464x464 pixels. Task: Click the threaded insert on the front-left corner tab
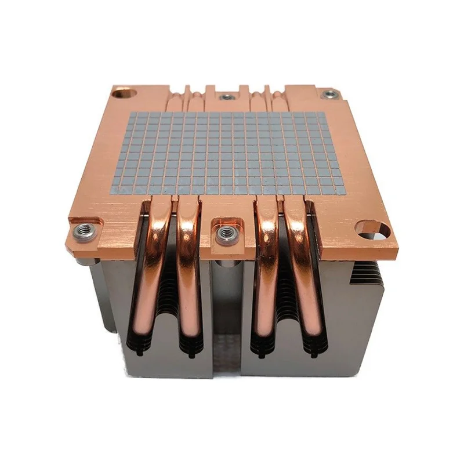pyautogui.click(x=80, y=229)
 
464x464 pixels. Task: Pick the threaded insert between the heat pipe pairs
pyautogui.click(x=222, y=232)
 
